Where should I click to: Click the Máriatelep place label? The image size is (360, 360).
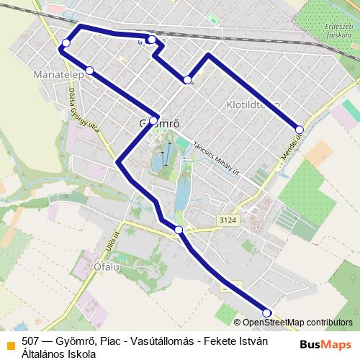click(56, 75)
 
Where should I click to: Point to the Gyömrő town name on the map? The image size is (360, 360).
click(158, 123)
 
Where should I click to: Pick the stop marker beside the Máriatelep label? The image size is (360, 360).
click(90, 71)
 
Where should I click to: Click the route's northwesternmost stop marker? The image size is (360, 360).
click(66, 44)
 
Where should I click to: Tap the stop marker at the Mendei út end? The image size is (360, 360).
click(300, 130)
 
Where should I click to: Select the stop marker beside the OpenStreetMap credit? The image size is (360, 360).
click(267, 312)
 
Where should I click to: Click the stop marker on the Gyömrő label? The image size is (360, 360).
click(153, 120)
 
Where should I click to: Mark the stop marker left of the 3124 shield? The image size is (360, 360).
click(179, 230)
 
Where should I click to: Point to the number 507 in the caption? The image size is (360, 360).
click(31, 341)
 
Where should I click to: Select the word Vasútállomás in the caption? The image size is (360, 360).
click(163, 341)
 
